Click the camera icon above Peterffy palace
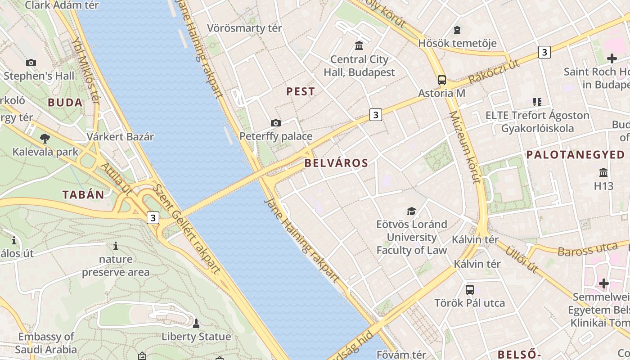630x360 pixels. point(276,123)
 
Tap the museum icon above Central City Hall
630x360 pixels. point(359,45)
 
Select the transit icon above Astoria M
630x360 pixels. point(442,80)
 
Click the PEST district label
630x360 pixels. point(301,91)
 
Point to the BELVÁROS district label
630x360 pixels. point(336,163)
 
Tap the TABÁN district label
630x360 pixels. point(83,195)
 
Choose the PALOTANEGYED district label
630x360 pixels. point(576,155)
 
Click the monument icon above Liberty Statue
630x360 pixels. point(196,323)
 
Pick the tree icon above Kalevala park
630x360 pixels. point(45,138)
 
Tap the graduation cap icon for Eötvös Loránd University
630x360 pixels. point(411,211)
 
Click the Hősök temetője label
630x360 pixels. point(457,43)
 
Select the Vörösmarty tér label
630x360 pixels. point(244,28)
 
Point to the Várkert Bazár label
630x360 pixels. point(120,137)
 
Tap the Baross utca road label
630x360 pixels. point(587,249)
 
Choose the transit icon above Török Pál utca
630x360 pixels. point(470,289)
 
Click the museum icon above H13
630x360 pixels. point(603,173)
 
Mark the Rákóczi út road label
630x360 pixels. point(494,72)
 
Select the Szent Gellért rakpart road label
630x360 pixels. point(186,229)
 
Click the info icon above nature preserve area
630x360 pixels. point(116,246)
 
